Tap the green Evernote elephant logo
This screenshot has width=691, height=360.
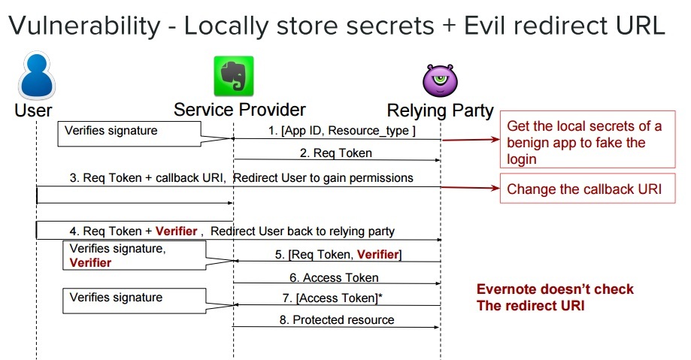click(233, 75)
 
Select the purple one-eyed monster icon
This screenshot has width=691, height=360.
click(440, 80)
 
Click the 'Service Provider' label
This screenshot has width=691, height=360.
click(240, 110)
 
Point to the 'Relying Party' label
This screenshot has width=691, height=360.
click(440, 111)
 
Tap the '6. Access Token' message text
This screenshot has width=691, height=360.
click(335, 278)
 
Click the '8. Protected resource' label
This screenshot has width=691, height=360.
click(336, 319)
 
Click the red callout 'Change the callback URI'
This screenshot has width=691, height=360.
click(584, 189)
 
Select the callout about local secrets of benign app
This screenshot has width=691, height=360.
click(584, 143)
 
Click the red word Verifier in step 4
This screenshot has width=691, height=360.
click(176, 231)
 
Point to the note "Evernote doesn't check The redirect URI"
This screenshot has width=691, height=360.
click(556, 297)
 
